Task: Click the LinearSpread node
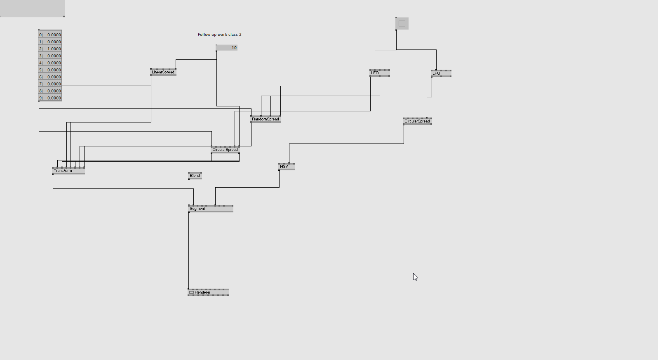[163, 72]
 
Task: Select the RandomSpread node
[266, 119]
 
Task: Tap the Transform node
[68, 171]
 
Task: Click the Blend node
[195, 176]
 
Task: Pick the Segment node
[211, 209]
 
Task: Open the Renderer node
[208, 292]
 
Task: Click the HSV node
[287, 167]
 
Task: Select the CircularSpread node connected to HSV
[417, 121]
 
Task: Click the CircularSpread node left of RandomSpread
[225, 150]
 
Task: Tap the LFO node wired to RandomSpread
[380, 73]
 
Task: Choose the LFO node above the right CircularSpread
[441, 73]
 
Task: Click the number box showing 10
[226, 47]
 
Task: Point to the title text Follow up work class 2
[220, 34]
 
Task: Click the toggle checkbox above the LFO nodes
[402, 24]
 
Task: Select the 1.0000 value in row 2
[54, 49]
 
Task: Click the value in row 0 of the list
[54, 35]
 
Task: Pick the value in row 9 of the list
[54, 98]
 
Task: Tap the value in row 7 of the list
[54, 84]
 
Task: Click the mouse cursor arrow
[415, 277]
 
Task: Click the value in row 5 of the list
[54, 70]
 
